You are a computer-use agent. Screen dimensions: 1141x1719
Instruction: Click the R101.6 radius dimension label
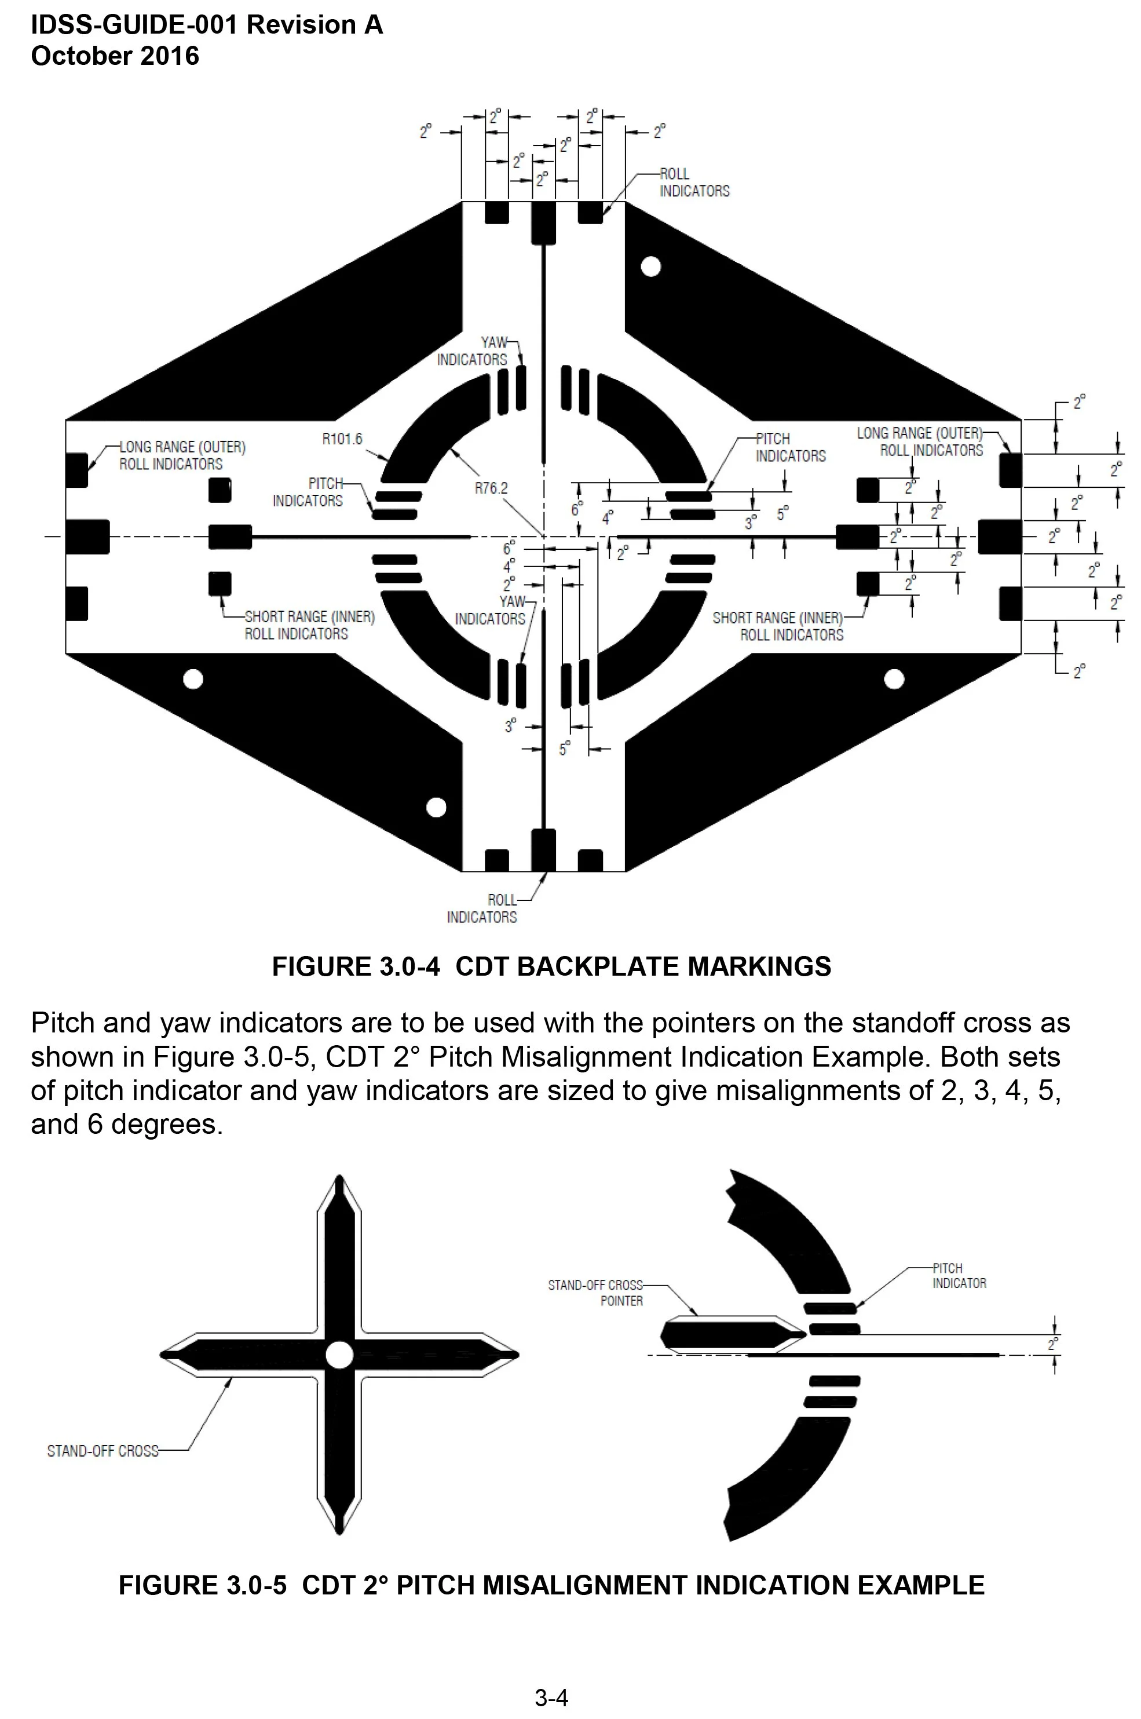coord(342,439)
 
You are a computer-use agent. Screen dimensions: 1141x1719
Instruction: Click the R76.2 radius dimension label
coord(491,488)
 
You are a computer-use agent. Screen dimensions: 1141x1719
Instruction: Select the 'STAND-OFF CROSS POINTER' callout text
coord(596,1293)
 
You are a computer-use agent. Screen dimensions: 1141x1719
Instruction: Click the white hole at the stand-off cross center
coord(339,1355)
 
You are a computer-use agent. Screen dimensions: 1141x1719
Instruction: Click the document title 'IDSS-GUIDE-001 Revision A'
coord(207,25)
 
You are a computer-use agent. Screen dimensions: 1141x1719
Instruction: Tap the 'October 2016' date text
coord(115,56)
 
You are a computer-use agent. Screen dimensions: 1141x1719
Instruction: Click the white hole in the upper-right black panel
coord(650,267)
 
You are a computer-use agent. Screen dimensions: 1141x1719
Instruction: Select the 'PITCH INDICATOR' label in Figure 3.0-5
coord(959,1276)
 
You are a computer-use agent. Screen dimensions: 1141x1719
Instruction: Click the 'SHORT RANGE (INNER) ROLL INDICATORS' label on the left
coord(309,625)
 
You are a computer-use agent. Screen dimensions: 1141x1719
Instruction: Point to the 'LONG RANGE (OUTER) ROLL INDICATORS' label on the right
coord(920,441)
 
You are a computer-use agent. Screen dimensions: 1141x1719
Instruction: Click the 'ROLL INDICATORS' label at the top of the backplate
coord(694,182)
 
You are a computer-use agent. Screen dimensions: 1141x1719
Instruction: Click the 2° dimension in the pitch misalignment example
coord(1053,1345)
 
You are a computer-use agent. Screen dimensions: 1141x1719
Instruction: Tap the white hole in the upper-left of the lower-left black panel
coord(193,679)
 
